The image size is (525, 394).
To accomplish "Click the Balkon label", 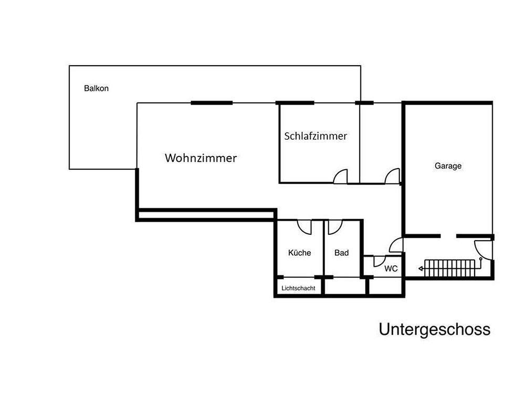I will click(x=96, y=89).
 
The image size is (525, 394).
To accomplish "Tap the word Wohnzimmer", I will click(x=201, y=158).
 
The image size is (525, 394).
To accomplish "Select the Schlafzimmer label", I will click(x=316, y=136).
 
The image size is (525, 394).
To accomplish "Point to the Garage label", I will click(x=448, y=166).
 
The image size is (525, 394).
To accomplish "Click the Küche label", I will click(x=299, y=253).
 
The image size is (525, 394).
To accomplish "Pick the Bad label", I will click(x=341, y=253).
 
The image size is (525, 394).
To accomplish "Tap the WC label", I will click(x=391, y=268).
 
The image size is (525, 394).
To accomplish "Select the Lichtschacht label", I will click(x=298, y=288).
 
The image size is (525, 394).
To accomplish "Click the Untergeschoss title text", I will click(x=434, y=329).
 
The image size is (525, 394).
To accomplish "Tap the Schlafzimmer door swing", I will click(x=341, y=176).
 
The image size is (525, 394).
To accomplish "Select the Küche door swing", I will click(x=304, y=227).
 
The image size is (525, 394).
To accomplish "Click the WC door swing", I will click(x=379, y=261).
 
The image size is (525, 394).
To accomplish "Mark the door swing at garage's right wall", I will click(x=482, y=249).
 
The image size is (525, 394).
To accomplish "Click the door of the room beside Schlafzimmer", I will click(x=392, y=176).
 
